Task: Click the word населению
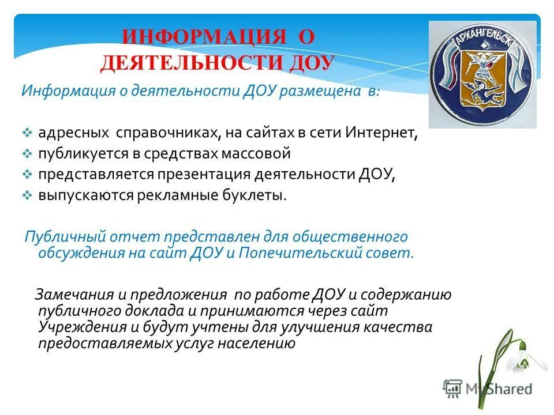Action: click(x=254, y=344)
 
